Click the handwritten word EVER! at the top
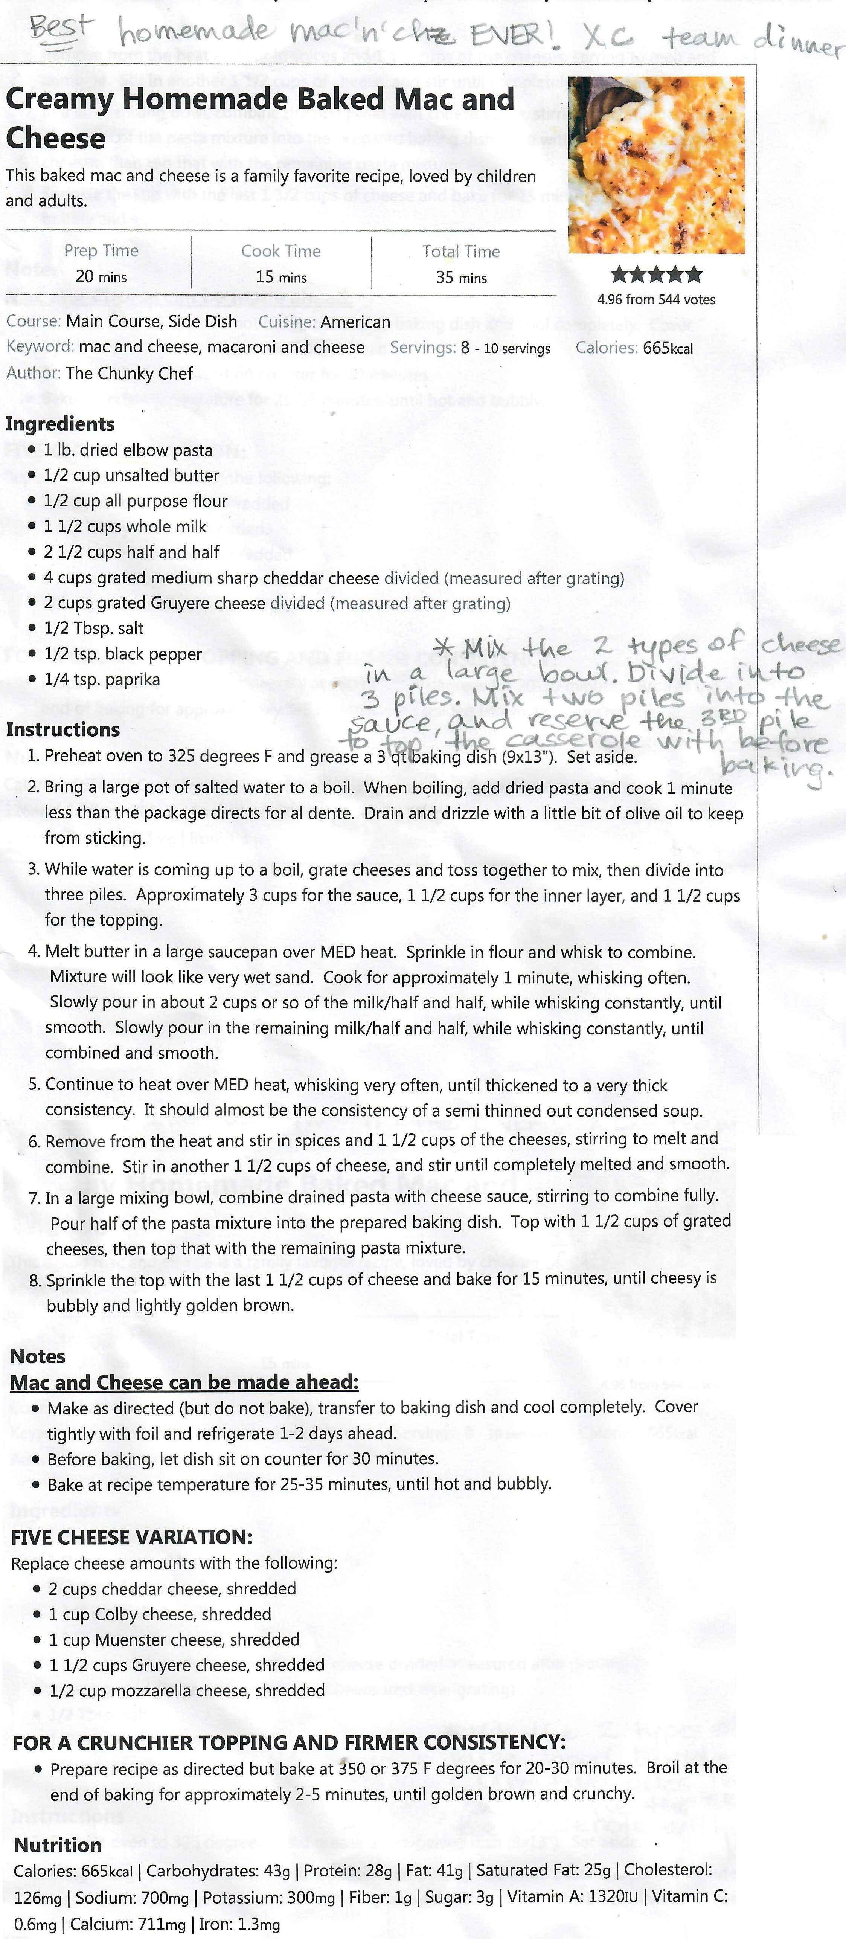pos(512,34)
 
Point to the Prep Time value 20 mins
pos(101,277)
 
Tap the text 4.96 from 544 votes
pos(656,300)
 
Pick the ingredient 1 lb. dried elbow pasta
pos(128,450)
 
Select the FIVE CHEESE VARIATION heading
pos(132,1537)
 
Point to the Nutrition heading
pos(58,1839)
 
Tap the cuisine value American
pos(355,322)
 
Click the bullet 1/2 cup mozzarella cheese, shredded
pos(187,1690)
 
